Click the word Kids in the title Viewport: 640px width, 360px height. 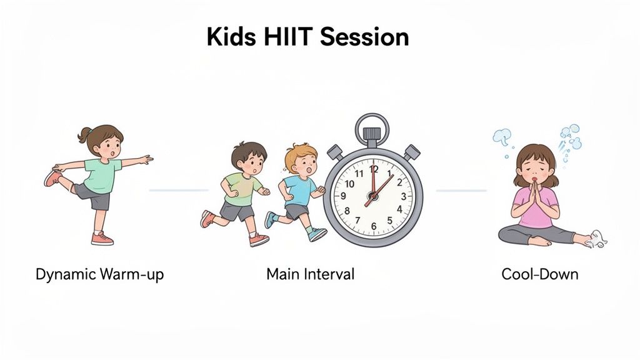230,37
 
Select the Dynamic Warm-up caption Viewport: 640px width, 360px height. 100,274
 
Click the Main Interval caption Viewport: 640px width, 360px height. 310,274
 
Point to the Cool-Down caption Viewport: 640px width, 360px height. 540,274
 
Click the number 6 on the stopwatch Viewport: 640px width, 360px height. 372,226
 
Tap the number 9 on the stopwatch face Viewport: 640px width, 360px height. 342,196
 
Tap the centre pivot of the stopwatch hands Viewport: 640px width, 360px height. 372,195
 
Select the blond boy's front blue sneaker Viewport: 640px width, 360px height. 317,234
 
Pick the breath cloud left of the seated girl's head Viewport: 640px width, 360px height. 502,136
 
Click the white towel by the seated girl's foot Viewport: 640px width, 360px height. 597,239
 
